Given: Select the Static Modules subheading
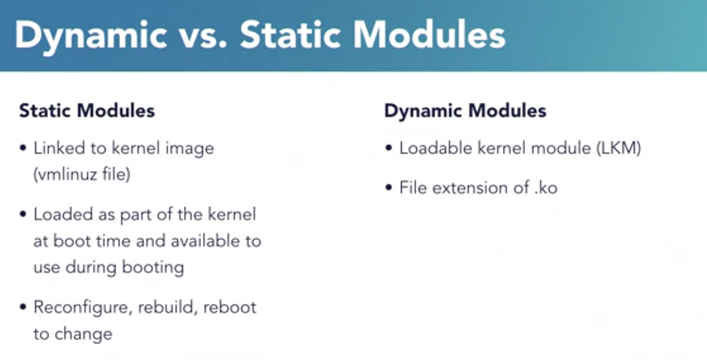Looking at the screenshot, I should (x=87, y=111).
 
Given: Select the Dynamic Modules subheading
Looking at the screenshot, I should (x=465, y=111).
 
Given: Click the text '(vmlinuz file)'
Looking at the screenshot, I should (x=82, y=175).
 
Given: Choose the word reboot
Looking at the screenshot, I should (x=230, y=308).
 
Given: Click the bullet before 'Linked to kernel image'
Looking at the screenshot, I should (x=22, y=148).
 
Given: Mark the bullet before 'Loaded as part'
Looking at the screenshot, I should (x=22, y=214).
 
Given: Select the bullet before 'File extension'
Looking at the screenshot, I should (x=388, y=189).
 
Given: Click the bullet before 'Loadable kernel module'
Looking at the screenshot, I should (x=388, y=148).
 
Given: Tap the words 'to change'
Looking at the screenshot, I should (x=72, y=334).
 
